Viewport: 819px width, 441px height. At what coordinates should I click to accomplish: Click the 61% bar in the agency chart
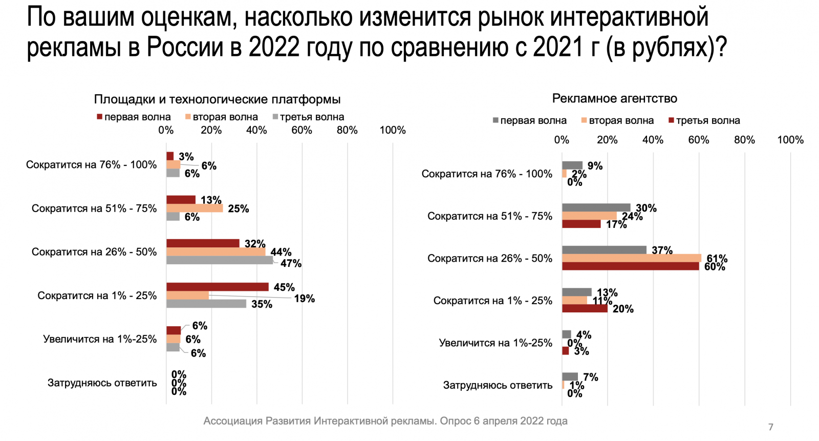(631, 258)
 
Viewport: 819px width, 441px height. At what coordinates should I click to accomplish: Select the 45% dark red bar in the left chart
(217, 287)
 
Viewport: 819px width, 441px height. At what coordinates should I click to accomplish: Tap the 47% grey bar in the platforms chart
(220, 260)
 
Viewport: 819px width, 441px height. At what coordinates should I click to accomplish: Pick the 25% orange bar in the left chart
(195, 208)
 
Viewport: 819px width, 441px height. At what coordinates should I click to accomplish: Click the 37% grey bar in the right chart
(604, 250)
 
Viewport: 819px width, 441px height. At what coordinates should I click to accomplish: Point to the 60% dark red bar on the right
(630, 266)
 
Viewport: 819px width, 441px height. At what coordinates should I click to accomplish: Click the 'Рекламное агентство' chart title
(614, 98)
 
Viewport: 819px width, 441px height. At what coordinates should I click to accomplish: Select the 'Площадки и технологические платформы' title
(217, 99)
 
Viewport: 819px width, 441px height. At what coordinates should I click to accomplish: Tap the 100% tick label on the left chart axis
(392, 130)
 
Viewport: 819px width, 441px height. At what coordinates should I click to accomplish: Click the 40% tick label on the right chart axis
(653, 140)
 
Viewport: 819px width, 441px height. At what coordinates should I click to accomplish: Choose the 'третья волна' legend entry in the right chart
(704, 121)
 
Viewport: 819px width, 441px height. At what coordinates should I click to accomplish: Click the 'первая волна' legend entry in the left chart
(134, 117)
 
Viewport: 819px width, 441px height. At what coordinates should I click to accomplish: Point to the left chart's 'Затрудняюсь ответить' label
(102, 383)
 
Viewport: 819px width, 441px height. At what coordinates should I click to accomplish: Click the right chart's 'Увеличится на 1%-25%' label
(495, 343)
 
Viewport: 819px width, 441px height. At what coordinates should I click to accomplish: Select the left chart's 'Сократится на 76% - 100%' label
(91, 165)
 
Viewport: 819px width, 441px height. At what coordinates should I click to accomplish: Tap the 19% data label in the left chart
(304, 299)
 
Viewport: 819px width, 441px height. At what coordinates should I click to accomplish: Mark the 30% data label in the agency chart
(646, 208)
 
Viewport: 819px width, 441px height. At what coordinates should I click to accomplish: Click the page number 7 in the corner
(771, 427)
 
